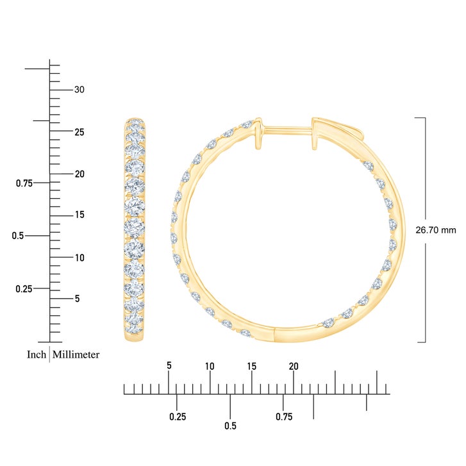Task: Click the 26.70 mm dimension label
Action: tap(435, 230)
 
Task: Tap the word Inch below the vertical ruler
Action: tap(37, 354)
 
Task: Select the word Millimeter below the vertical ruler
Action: tap(76, 354)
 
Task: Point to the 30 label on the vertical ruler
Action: tap(79, 90)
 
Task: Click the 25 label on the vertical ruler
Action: tap(79, 132)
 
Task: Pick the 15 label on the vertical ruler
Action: tap(79, 215)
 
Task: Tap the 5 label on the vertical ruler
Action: tap(78, 299)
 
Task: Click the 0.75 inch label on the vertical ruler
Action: tap(24, 183)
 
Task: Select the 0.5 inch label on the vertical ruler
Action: tap(18, 236)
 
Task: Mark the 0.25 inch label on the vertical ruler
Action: tap(24, 288)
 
